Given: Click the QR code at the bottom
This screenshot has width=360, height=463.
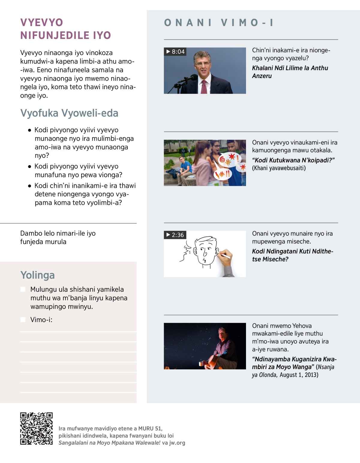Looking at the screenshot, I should tap(36, 428).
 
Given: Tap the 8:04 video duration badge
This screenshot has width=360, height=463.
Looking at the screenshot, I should tap(175, 52).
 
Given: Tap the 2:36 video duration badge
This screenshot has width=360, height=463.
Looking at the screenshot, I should tap(175, 235).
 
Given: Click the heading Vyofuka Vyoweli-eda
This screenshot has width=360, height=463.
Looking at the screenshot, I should tap(69, 113).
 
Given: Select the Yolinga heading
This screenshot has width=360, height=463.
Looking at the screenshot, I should tap(37, 275).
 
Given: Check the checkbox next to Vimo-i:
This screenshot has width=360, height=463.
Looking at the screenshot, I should tap(23, 320).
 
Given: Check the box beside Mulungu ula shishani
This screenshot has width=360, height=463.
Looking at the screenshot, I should tap(23, 289).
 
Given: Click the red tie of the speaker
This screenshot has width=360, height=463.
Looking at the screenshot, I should tap(204, 87).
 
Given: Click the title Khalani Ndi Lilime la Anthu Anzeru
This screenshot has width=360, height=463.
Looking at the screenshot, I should tap(290, 72).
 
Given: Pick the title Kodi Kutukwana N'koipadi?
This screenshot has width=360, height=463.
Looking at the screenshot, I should tap(293, 160).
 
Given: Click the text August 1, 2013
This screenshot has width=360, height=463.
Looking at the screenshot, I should tap(299, 375).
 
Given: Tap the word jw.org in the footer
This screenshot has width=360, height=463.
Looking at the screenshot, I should tap(177, 443).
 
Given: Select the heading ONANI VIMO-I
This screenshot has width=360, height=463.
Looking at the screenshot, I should tap(219, 23).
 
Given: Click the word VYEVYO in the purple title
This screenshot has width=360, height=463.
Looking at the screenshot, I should tap(42, 23).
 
